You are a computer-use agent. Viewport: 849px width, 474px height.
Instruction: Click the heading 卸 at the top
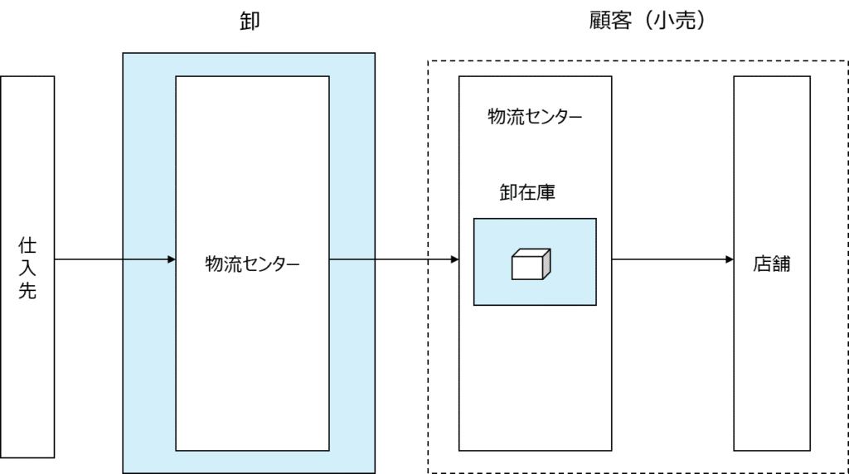tap(250, 21)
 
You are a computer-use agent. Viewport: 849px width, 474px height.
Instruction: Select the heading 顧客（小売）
tap(648, 21)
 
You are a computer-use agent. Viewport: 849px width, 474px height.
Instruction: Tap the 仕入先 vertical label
tap(27, 268)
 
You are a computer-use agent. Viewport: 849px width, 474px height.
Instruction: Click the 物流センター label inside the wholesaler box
tap(252, 264)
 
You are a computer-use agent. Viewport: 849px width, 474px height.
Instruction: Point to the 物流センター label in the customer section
tap(535, 116)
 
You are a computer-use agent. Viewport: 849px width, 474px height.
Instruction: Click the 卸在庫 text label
tap(527, 192)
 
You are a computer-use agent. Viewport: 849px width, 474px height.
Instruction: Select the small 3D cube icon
tap(531, 264)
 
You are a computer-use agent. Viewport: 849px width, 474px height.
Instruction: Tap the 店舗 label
tap(772, 264)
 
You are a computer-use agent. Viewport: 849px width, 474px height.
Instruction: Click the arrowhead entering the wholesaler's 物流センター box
tap(172, 259)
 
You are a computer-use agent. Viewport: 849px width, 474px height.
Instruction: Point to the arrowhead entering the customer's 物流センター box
tap(455, 259)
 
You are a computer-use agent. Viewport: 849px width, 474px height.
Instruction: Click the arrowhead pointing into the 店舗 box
tap(730, 259)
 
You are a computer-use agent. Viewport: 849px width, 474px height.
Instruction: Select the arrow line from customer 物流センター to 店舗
tap(672, 259)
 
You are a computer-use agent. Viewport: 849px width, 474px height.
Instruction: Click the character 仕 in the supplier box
tap(27, 245)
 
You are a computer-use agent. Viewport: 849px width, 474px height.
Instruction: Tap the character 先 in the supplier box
tap(27, 291)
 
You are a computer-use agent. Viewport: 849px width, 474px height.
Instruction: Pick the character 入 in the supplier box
tap(27, 268)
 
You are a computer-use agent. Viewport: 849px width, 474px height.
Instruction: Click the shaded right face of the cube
tap(547, 264)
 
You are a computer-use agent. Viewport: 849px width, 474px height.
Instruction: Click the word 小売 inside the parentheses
tap(674, 21)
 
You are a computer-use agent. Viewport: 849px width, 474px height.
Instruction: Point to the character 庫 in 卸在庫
tap(546, 192)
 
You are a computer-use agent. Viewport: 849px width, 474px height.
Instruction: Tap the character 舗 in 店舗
tap(781, 264)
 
